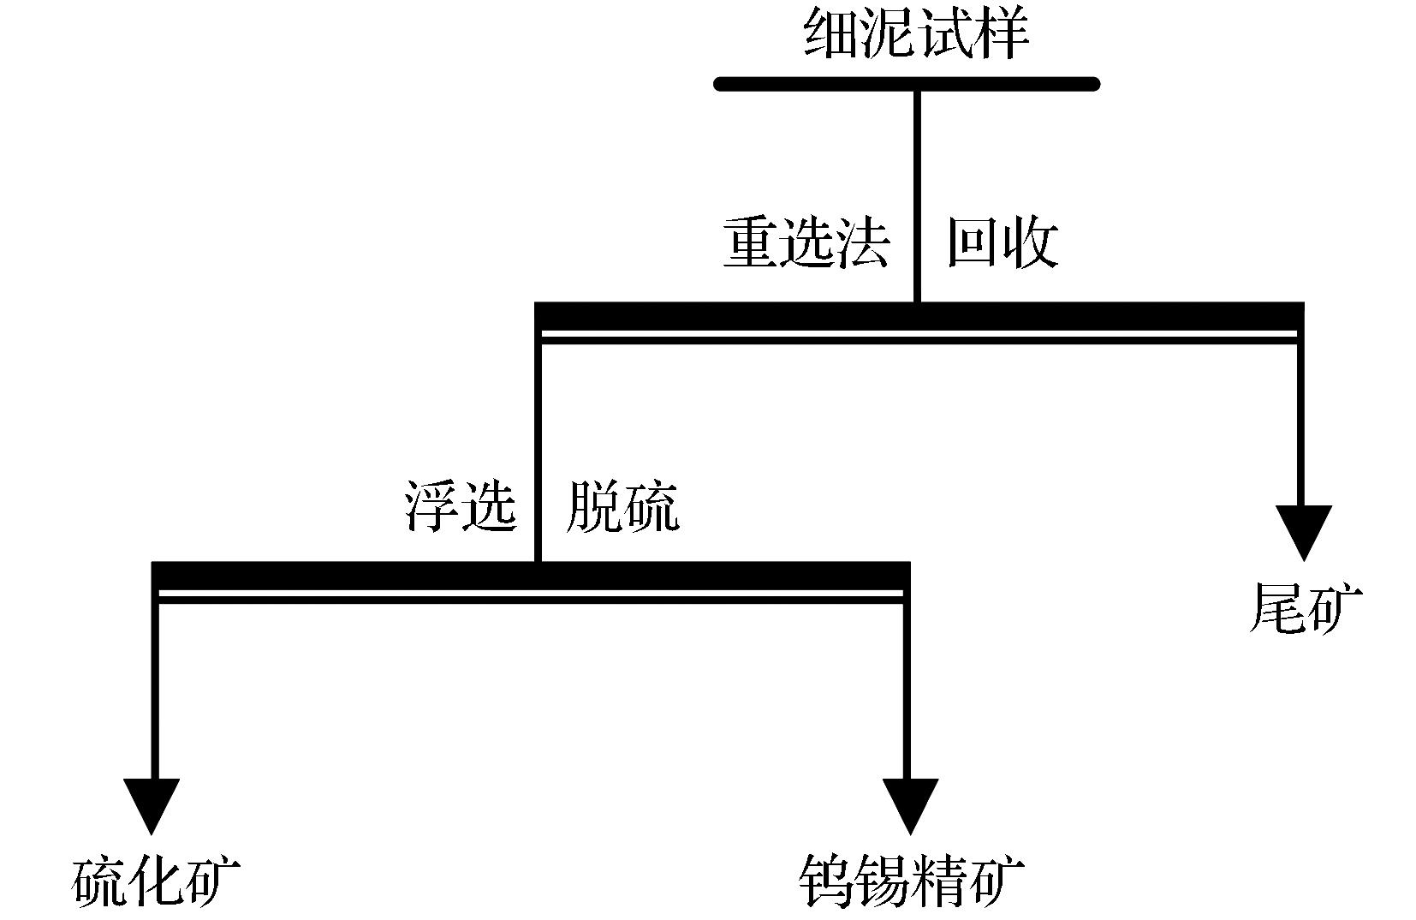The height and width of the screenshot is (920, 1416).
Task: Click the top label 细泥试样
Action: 916,34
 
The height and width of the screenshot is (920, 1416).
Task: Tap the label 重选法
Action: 806,242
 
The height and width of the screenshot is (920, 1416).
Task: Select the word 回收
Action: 1003,242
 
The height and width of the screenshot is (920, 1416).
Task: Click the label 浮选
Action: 461,505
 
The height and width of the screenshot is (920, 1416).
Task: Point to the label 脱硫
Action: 622,505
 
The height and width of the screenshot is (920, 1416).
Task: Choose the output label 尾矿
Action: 1304,608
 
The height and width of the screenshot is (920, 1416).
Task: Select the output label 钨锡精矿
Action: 911,881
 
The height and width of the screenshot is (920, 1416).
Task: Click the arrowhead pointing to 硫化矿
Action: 152,804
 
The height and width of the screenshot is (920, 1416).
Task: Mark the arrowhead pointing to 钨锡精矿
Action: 910,804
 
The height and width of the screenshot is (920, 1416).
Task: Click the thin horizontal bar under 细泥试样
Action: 907,84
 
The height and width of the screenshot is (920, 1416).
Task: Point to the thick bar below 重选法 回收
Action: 918,316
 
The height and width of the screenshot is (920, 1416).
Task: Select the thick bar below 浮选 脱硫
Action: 530,576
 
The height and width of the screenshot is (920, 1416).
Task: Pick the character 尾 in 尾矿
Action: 1276,608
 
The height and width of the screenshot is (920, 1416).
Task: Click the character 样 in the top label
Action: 1001,34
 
